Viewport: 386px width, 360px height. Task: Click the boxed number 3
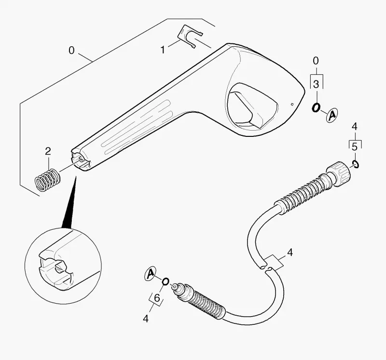tap(316, 84)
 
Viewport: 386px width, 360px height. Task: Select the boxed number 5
tap(355, 147)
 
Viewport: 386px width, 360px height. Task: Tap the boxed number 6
tap(156, 298)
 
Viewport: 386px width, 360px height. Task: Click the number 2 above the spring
tap(48, 151)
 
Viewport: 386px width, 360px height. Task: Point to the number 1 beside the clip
tap(163, 50)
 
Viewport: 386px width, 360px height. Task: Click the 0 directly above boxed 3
tap(316, 61)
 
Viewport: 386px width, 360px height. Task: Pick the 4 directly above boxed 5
tap(354, 126)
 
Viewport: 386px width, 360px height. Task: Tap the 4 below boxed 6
tap(146, 319)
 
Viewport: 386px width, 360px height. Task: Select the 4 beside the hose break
tap(290, 253)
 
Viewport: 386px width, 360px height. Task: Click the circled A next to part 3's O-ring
tap(332, 115)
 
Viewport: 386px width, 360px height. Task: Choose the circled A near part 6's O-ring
tap(151, 273)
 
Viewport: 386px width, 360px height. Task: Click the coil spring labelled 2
tap(47, 181)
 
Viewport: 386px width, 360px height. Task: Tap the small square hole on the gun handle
tap(292, 104)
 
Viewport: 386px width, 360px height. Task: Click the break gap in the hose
tap(266, 268)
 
